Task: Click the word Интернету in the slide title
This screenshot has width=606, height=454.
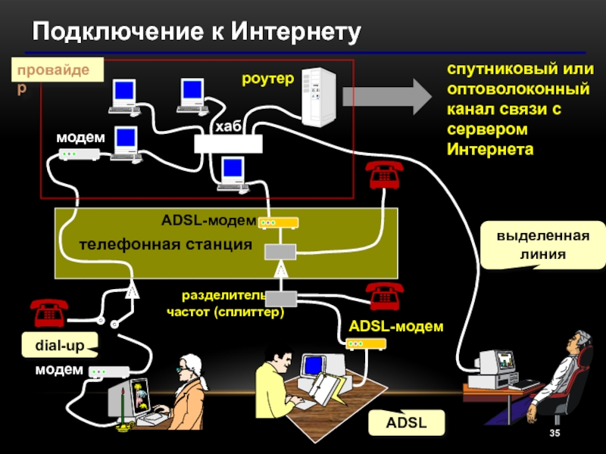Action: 295,32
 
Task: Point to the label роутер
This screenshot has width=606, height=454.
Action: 267,79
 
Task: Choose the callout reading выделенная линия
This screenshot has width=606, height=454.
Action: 543,245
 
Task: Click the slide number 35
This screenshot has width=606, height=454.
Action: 554,433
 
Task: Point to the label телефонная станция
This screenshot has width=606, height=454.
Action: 166,244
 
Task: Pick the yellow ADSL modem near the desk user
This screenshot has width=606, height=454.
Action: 366,344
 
